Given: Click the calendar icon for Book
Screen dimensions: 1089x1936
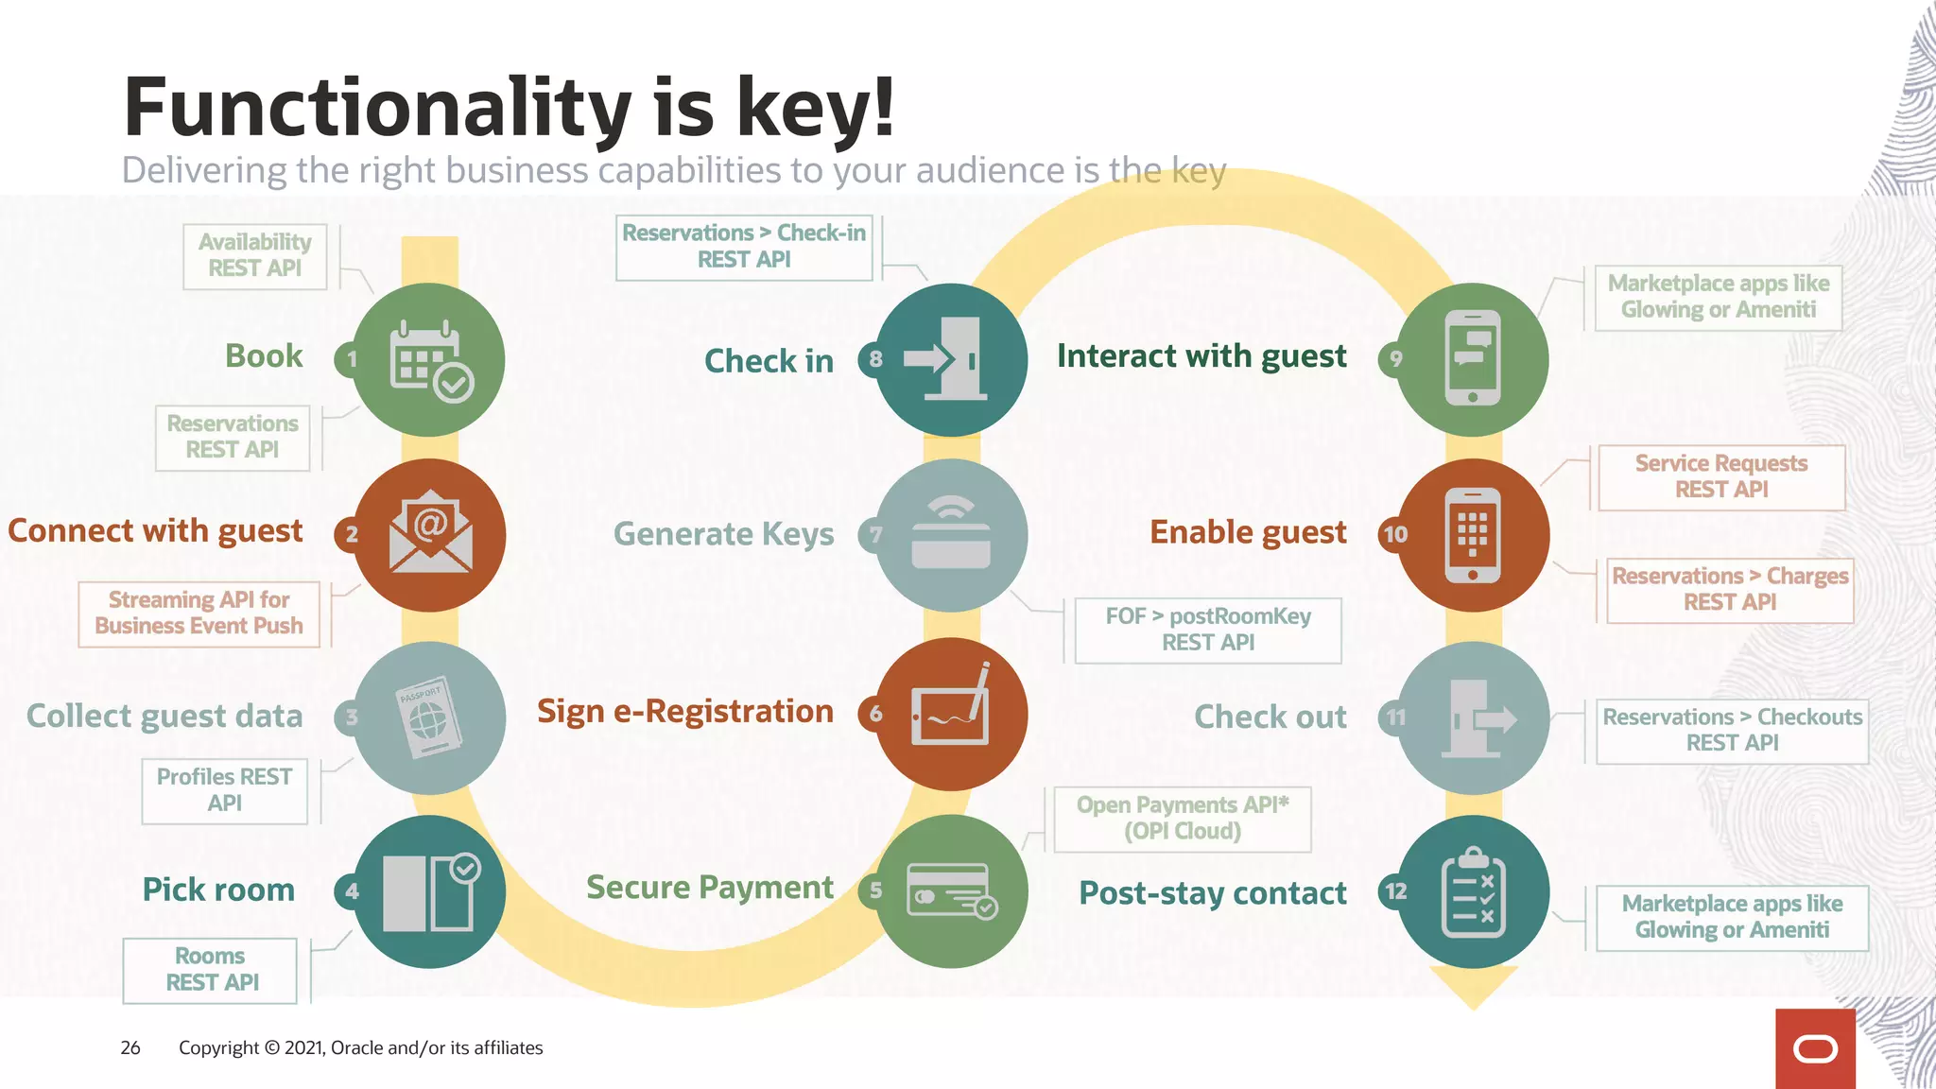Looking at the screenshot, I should tap(430, 360).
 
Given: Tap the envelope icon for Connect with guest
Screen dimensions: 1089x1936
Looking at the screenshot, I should tap(430, 535).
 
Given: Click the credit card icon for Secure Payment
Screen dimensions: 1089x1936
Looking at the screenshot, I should tap(951, 890).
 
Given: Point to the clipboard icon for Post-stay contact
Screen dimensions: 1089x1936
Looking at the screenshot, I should tap(1473, 891).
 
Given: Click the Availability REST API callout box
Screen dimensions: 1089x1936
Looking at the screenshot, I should tap(255, 256).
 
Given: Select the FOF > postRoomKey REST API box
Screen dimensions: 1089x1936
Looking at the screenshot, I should tap(1208, 630).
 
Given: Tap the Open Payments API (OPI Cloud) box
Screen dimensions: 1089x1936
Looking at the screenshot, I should tap(1182, 819).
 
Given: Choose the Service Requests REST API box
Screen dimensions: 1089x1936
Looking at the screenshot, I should tap(1721, 477).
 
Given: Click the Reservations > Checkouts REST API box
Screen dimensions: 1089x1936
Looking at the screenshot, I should tap(1732, 731).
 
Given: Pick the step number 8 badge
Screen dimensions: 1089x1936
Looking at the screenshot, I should tap(875, 359).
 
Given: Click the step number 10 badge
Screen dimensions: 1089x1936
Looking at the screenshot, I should tap(1395, 534).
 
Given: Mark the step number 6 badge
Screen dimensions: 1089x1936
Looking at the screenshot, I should tap(875, 714).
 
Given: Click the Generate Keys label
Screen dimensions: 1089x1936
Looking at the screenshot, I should tap(723, 535).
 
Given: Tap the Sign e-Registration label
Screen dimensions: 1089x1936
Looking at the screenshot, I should tap(684, 712).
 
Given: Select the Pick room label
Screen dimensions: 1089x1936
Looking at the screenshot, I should tap(218, 890).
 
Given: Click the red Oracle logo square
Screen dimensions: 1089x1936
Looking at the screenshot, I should tap(1815, 1048).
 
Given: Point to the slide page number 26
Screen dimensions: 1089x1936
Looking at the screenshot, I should tap(130, 1047).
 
